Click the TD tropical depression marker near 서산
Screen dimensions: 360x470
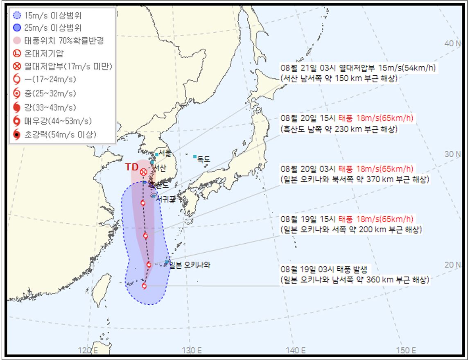click(143, 172)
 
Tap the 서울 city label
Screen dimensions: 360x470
click(165, 153)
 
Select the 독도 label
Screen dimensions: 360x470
click(203, 158)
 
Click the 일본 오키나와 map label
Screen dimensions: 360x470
click(190, 265)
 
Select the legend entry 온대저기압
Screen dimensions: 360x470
click(44, 53)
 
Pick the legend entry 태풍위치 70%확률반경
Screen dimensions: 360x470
click(58, 40)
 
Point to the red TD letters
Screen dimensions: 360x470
click(131, 167)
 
